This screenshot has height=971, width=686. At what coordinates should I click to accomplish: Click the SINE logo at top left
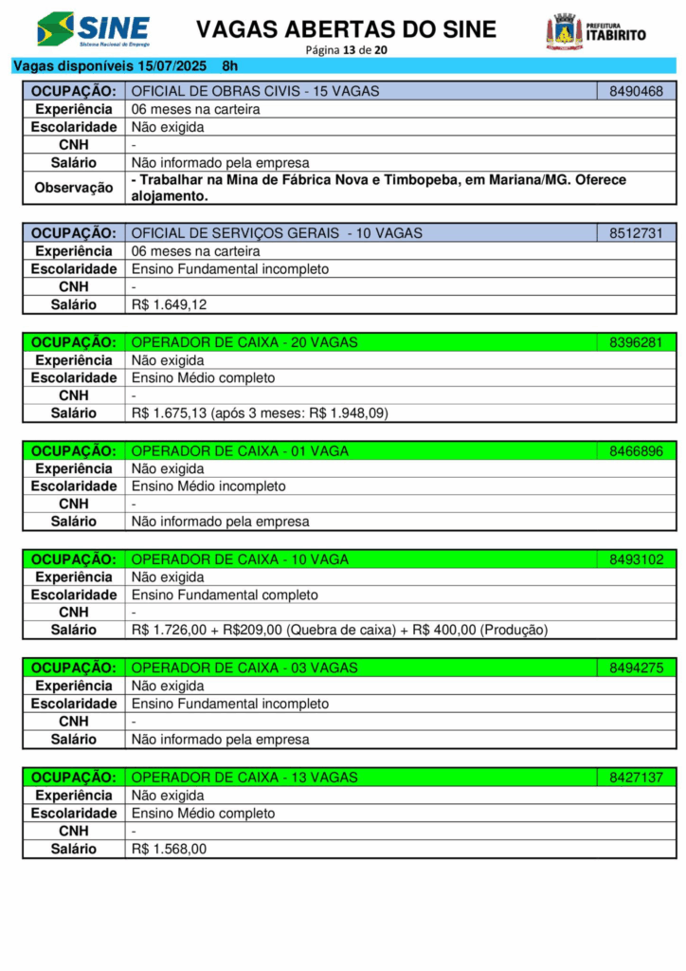click(x=93, y=29)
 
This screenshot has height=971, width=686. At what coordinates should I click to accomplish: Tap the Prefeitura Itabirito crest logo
click(x=565, y=31)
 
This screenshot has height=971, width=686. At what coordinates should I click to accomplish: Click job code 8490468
click(x=636, y=91)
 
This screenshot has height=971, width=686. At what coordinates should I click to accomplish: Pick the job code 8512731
click(x=636, y=233)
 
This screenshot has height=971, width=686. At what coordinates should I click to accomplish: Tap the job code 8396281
click(x=636, y=342)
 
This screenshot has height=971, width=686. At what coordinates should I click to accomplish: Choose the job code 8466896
click(x=636, y=451)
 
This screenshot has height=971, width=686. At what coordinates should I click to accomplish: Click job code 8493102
click(x=636, y=559)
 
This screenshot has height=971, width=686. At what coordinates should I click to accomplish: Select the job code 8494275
click(x=636, y=669)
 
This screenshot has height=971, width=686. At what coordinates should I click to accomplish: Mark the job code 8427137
click(x=636, y=778)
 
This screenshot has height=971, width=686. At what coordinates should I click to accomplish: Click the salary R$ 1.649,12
click(x=170, y=305)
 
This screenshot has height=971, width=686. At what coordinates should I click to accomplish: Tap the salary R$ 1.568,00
click(x=169, y=850)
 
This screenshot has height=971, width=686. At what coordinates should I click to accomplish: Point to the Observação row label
click(x=74, y=188)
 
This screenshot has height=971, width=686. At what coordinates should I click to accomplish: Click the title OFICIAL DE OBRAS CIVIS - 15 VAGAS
click(x=255, y=91)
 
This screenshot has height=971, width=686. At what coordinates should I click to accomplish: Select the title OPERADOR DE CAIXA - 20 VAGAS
click(x=244, y=342)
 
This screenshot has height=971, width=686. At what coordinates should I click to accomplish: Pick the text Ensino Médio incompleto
click(x=208, y=486)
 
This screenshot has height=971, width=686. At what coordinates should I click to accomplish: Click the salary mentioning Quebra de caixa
click(x=339, y=630)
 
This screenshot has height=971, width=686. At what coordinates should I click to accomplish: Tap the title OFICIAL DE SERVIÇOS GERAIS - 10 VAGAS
click(x=277, y=233)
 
